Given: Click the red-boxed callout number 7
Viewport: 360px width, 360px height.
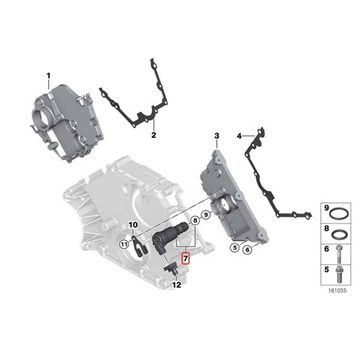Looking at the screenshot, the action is [x=186, y=258].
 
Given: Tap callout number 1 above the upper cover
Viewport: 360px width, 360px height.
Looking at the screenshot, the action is [x=49, y=76].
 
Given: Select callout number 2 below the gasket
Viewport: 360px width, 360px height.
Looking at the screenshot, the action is [x=154, y=135].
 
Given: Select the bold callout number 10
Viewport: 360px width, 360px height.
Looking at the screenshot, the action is [x=133, y=225].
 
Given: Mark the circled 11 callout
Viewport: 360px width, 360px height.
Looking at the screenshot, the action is [x=124, y=244].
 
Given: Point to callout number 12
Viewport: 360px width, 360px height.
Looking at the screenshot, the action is [x=177, y=285].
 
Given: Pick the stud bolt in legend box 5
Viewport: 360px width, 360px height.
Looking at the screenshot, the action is [x=338, y=273].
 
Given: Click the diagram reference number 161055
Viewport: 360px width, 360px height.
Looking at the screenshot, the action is [x=337, y=291].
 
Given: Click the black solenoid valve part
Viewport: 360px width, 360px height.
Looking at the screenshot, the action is [x=170, y=235].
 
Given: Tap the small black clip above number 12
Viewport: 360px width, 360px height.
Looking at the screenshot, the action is [x=171, y=269].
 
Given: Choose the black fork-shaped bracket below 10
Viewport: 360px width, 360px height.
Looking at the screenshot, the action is [x=140, y=246].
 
